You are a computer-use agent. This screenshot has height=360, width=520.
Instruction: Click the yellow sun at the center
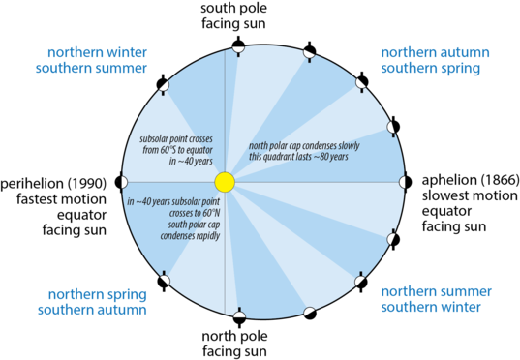pos(225,182)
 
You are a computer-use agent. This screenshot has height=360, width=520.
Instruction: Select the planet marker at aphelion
pos(402,181)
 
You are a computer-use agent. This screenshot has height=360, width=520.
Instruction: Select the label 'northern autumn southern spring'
pos(431,60)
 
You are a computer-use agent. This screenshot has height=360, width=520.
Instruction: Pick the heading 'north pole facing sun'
pos(235,344)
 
